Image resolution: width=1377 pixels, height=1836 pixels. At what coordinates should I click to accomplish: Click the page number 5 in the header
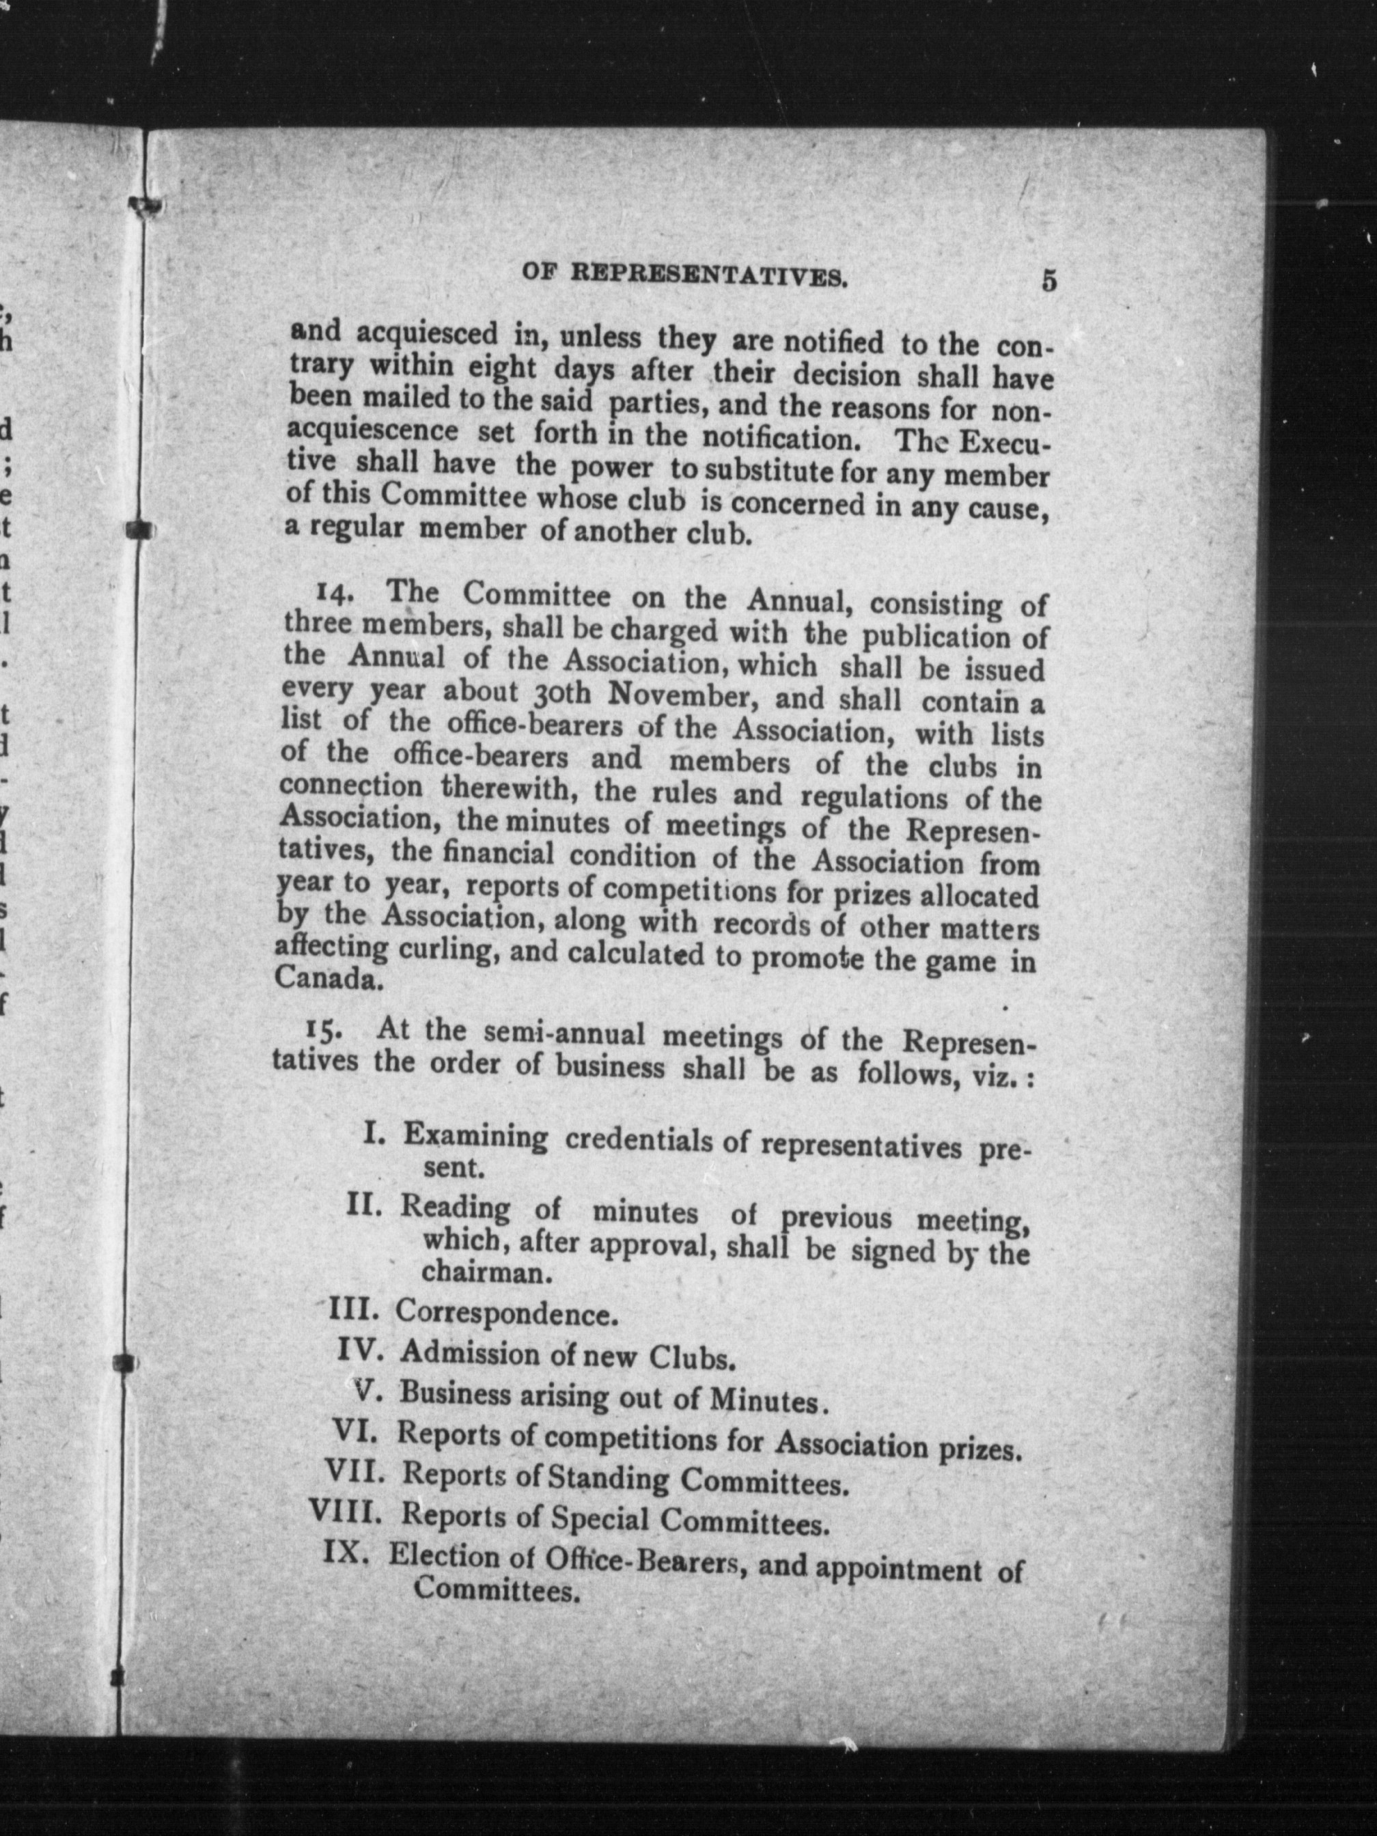(x=1049, y=281)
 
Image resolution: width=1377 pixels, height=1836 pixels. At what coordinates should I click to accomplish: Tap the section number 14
(x=336, y=595)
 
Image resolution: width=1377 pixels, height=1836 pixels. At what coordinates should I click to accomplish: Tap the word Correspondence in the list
(x=506, y=1315)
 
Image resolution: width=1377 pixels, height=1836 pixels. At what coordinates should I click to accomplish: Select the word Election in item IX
(x=443, y=1556)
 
